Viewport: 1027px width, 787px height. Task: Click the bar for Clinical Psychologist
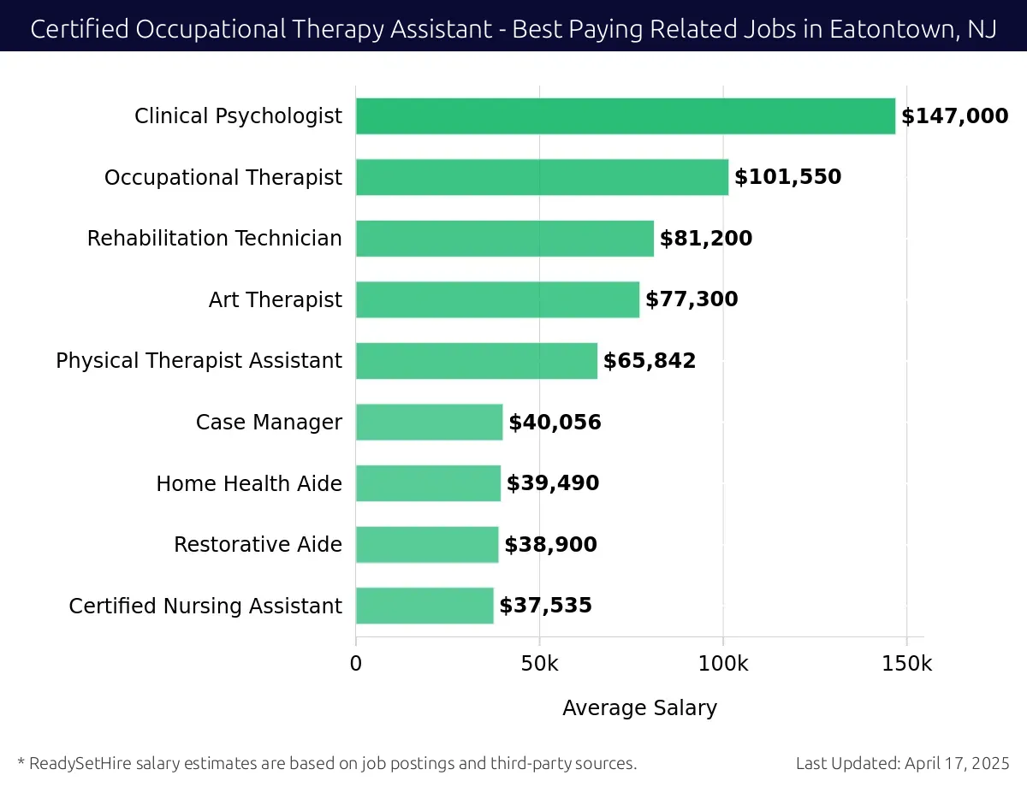(x=625, y=116)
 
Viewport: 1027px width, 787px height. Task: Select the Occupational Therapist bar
(x=542, y=177)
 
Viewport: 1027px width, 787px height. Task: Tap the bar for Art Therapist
(x=497, y=299)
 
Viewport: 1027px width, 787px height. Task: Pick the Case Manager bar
(x=429, y=422)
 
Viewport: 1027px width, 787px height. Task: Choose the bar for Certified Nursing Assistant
(x=424, y=606)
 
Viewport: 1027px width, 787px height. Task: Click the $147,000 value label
(x=954, y=116)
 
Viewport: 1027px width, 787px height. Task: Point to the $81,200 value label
(x=705, y=239)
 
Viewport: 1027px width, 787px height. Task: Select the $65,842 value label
(x=649, y=361)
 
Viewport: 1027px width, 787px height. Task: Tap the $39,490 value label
(x=552, y=483)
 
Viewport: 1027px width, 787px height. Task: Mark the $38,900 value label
(x=550, y=545)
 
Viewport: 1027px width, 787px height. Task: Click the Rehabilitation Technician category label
(x=214, y=239)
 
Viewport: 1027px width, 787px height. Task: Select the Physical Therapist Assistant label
(x=199, y=361)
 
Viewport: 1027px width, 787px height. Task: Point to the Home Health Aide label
(x=248, y=483)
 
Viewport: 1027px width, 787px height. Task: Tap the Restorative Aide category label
(x=258, y=545)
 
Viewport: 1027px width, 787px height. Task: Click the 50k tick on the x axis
(x=539, y=664)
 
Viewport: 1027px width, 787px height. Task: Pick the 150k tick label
(x=906, y=664)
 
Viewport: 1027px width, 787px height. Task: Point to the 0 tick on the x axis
(x=356, y=664)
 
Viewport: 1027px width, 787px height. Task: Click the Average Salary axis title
(x=639, y=708)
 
